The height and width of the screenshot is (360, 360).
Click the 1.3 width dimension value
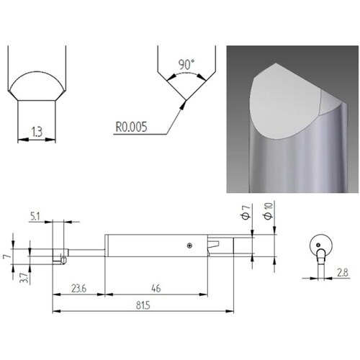[x=37, y=132]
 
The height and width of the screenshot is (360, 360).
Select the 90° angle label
[x=186, y=65]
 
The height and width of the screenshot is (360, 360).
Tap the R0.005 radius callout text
[x=131, y=127]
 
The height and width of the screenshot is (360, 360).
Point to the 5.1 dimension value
[x=35, y=217]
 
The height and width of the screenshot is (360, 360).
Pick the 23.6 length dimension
[x=79, y=288]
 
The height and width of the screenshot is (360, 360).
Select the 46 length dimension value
[x=156, y=288]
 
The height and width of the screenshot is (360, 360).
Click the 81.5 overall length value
[x=143, y=305]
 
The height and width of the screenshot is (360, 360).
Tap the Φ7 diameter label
[x=246, y=212]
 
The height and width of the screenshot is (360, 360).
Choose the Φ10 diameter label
[x=269, y=211]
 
